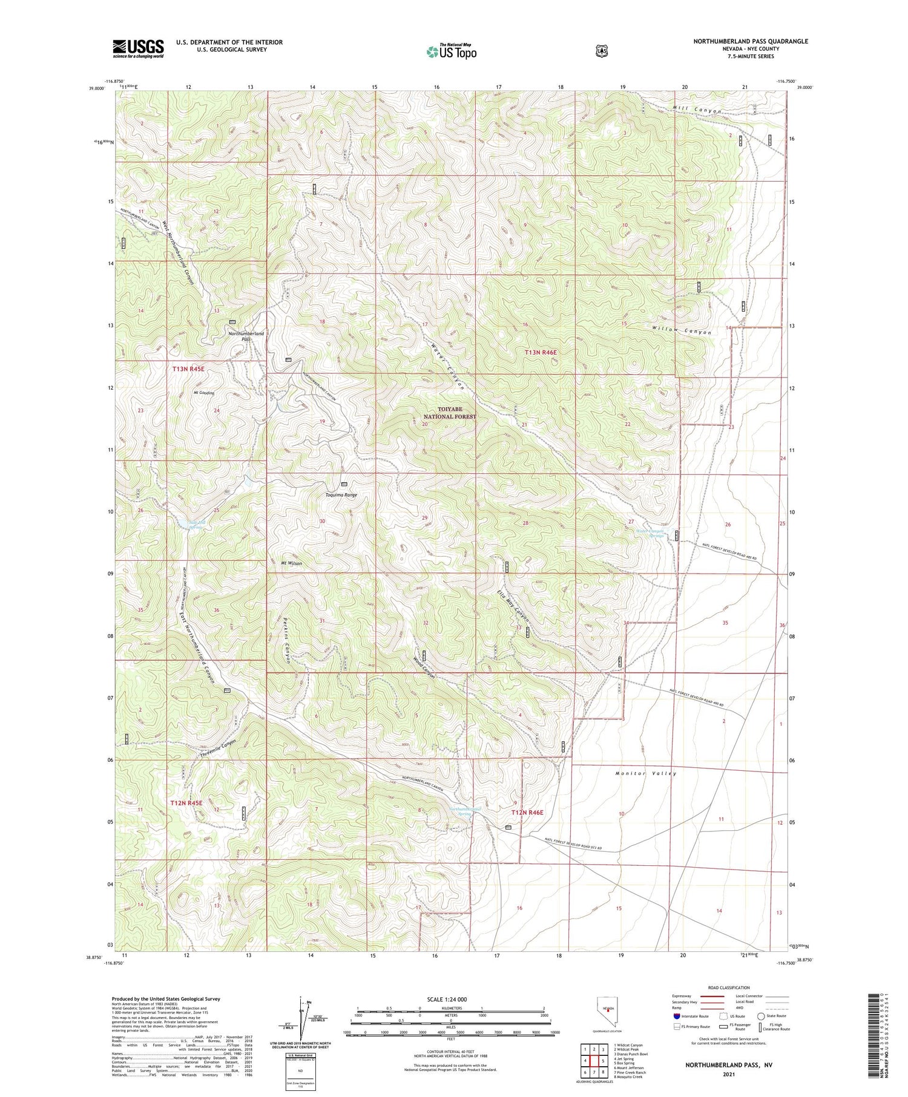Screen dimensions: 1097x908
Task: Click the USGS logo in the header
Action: (x=138, y=48)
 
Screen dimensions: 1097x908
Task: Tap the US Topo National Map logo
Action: (x=452, y=51)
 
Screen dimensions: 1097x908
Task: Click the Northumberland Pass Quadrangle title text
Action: (x=751, y=41)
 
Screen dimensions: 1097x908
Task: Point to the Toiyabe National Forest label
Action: (x=450, y=413)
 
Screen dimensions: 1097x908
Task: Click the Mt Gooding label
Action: (x=204, y=393)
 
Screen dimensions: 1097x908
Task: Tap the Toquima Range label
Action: (x=341, y=495)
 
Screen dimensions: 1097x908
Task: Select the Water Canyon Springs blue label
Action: (x=650, y=533)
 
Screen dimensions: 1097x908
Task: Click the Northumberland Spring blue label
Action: (x=464, y=811)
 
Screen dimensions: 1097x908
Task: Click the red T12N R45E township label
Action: (x=186, y=803)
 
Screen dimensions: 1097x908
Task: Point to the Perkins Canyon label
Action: (x=287, y=640)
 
